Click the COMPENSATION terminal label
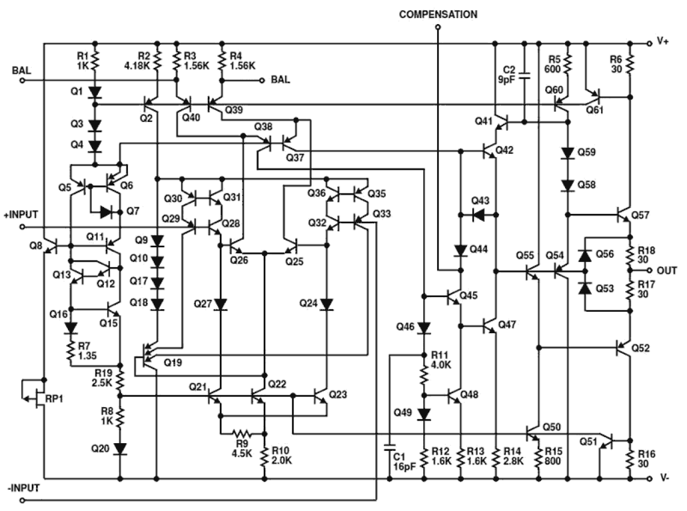click(x=438, y=14)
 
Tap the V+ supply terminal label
click(x=662, y=42)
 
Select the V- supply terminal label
click(x=664, y=478)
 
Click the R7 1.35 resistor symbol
click(x=71, y=353)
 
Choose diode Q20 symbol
click(x=120, y=449)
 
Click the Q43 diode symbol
click(x=480, y=214)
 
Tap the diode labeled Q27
click(x=221, y=304)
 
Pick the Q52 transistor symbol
click(x=624, y=347)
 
